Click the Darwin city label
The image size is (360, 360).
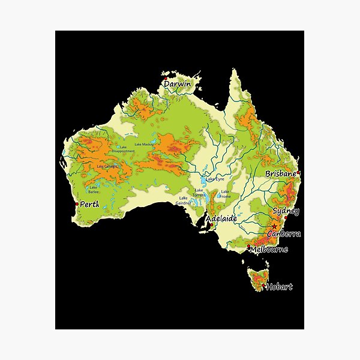tap(178, 85)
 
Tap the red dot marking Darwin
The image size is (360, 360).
tap(165, 77)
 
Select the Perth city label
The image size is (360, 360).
tap(89, 205)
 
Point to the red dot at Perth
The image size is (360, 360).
tap(76, 205)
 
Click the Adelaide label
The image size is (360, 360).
tap(221, 219)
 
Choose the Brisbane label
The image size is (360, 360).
tap(281, 173)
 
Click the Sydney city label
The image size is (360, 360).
tap(286, 211)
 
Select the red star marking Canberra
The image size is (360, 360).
tap(275, 226)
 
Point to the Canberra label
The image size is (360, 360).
tap(284, 233)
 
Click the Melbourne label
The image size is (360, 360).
tap(269, 249)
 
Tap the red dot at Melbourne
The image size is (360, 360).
tap(248, 246)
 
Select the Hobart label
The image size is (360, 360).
tap(280, 287)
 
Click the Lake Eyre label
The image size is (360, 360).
tap(215, 179)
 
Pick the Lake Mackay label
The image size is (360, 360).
tap(145, 145)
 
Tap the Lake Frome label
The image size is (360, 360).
tap(225, 194)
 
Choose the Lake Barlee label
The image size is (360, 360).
tap(94, 190)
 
